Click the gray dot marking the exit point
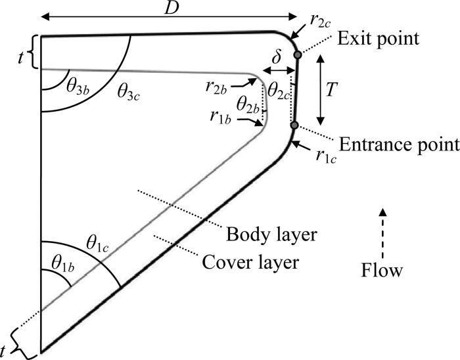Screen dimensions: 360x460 point(298,55)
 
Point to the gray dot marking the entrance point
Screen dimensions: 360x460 point(294,125)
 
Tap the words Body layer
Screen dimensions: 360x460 point(261,235)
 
